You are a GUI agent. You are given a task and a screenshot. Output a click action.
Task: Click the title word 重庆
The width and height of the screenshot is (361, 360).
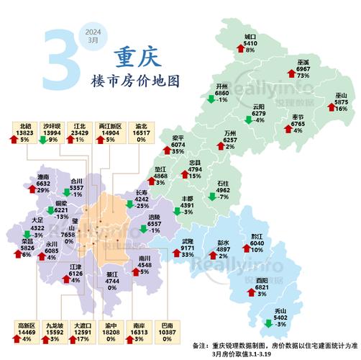pyautogui.click(x=136, y=56)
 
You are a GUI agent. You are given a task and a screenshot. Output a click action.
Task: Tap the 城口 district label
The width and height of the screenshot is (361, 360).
pyautogui.click(x=250, y=36)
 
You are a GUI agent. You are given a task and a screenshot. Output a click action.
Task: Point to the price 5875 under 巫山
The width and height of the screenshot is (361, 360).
pyautogui.click(x=341, y=102)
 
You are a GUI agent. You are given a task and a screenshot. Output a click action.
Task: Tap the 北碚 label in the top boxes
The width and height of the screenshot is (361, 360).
pyautogui.click(x=27, y=125)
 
